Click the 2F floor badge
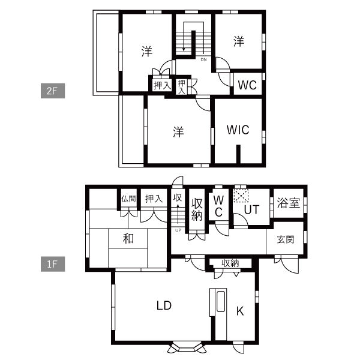(x=53, y=91)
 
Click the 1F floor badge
(x=53, y=264)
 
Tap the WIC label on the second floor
(x=238, y=130)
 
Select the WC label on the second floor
(x=247, y=85)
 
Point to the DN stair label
(x=203, y=59)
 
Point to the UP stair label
(x=178, y=230)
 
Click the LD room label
(x=164, y=305)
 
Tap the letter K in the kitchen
(x=240, y=311)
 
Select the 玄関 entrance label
(x=286, y=239)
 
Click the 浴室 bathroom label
(x=289, y=203)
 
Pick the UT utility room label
(x=251, y=209)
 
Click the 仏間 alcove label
(x=128, y=199)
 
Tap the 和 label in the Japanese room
(x=128, y=238)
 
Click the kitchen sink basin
(x=220, y=301)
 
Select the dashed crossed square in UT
(x=241, y=196)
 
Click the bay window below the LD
(x=187, y=347)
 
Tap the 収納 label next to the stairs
(x=197, y=209)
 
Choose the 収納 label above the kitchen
(x=230, y=263)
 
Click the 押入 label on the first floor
(x=154, y=199)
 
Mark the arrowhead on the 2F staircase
(x=184, y=49)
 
